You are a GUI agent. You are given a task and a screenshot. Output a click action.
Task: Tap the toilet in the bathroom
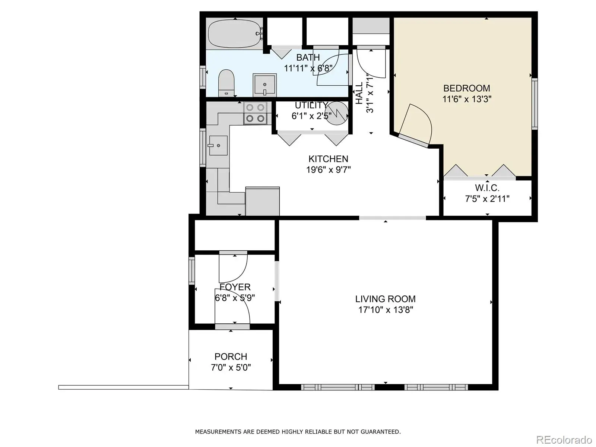tap(226, 83)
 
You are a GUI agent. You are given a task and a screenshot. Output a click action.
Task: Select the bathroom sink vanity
tap(265, 85)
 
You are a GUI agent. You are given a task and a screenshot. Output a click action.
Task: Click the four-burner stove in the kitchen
tap(255, 113)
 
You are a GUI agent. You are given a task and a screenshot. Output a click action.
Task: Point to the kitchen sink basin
tap(218, 146)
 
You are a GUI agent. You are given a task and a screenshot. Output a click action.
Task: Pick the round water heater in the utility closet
tap(337, 114)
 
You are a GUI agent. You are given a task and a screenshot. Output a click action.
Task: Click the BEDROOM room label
tap(466, 88)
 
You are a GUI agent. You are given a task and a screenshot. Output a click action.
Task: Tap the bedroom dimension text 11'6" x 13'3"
tap(467, 99)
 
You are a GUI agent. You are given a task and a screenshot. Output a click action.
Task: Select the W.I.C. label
tap(487, 188)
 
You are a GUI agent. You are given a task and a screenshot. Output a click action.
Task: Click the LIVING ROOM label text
tap(385, 299)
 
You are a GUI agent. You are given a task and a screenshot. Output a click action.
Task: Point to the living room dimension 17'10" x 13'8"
tap(386, 310)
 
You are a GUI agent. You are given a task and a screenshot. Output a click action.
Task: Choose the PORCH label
tap(231, 356)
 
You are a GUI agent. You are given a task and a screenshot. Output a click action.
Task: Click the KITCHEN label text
tap(328, 159)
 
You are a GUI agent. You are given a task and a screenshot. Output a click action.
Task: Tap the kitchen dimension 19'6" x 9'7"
tap(329, 169)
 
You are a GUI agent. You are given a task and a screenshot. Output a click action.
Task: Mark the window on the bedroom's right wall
tap(535, 104)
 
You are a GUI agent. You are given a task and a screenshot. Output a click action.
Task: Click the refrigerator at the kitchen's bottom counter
tap(262, 201)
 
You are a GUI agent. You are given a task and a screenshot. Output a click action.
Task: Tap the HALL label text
tap(359, 93)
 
